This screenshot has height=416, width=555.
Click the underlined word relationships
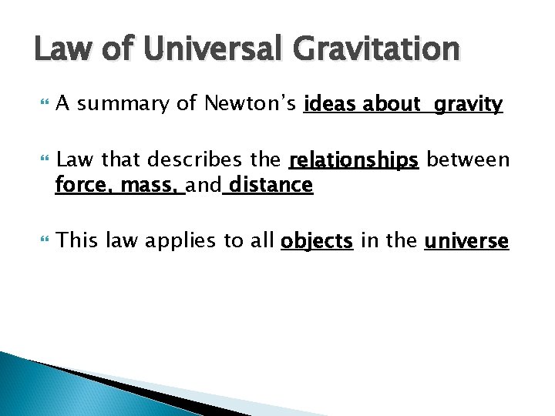click(x=353, y=160)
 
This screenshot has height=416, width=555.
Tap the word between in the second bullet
click(x=468, y=159)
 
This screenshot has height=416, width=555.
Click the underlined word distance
click(x=270, y=185)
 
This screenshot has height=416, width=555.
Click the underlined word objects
click(x=317, y=241)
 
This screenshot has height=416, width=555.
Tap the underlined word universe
click(x=466, y=241)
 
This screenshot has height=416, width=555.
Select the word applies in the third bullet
click(x=183, y=241)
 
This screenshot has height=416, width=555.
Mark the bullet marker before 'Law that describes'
click(x=41, y=159)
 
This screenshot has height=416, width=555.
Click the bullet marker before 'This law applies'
click(x=41, y=240)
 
